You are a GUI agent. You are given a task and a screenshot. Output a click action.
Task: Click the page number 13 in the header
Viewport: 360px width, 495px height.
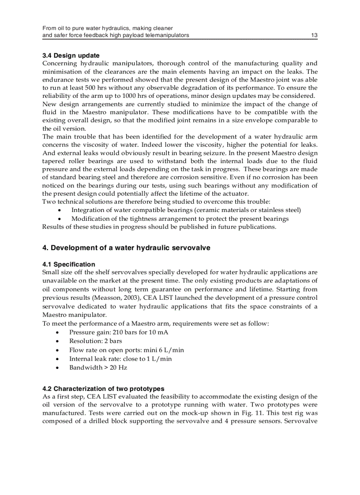click(x=314, y=35)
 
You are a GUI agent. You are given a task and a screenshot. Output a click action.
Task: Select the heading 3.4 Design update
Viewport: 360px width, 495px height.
click(x=71, y=56)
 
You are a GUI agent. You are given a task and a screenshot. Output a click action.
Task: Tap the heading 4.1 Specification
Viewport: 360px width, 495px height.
click(x=68, y=264)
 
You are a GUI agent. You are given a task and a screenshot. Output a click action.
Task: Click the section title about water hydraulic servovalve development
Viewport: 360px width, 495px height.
click(x=126, y=248)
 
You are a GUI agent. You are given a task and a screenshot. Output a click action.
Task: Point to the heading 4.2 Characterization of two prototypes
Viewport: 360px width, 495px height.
click(x=103, y=389)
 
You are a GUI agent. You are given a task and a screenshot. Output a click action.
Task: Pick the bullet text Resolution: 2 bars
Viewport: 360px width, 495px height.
click(x=96, y=341)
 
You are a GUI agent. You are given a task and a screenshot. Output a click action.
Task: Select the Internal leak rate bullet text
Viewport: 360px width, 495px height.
click(x=120, y=359)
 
